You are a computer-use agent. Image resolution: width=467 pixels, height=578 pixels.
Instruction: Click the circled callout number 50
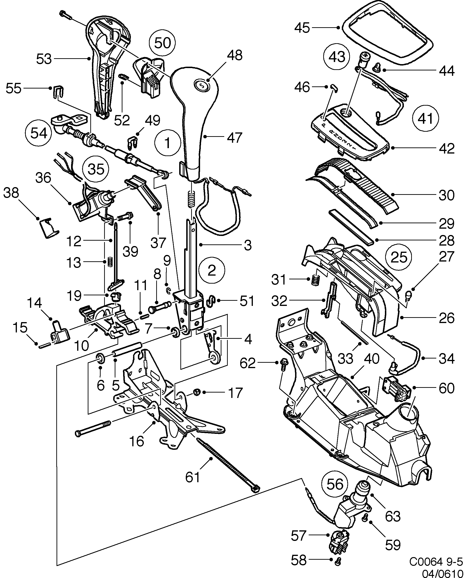click(163, 43)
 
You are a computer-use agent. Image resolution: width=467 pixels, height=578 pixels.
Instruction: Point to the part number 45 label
click(302, 28)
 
